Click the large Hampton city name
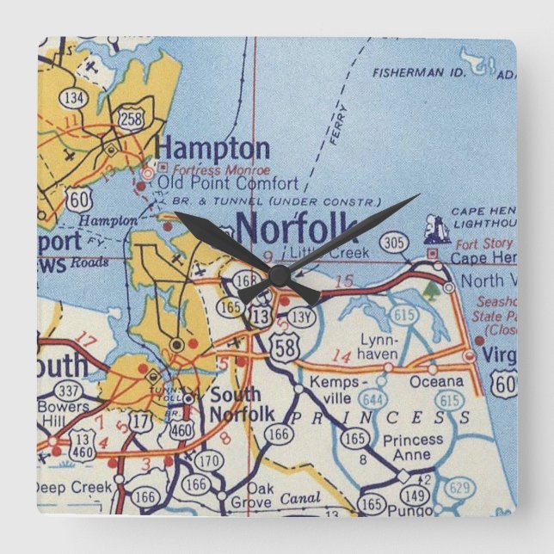coord(212,147)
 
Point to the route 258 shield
coord(132,118)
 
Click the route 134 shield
coord(74,98)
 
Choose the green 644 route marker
coord(372,398)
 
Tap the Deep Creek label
coord(75,487)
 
